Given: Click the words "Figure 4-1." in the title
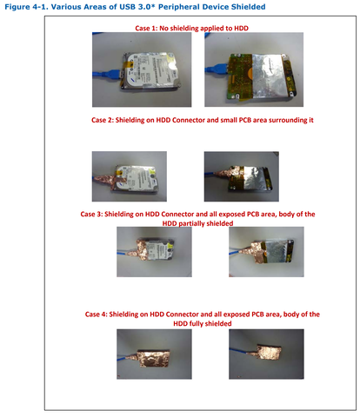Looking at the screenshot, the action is (26, 7).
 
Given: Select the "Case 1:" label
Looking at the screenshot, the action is (146, 28).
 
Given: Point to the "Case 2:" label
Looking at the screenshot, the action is (103, 120).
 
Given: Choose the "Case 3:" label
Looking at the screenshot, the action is (91, 214).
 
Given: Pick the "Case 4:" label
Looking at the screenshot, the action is (96, 314).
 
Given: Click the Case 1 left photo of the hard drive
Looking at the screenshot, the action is (142, 69).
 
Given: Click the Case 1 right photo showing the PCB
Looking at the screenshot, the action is (254, 69).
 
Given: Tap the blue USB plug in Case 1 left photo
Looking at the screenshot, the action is (114, 74).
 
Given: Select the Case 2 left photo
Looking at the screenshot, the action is (130, 176).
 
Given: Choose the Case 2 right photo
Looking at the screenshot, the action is (242, 176).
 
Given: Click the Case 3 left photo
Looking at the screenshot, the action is (154, 252).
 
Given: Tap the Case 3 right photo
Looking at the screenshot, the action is (266, 252).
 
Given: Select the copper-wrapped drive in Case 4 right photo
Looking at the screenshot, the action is (269, 352).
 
